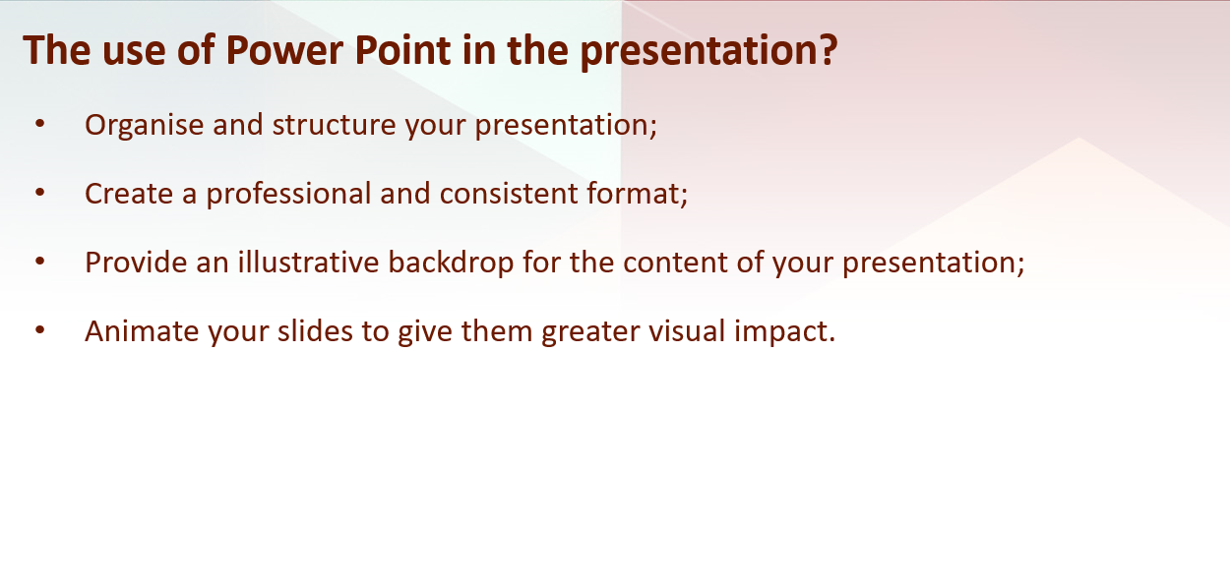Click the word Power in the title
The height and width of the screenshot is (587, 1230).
284,50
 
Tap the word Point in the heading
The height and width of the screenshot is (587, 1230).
403,50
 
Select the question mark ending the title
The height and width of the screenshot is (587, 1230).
828,50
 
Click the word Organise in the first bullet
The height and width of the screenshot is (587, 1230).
145,126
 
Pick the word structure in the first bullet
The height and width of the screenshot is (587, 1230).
334,125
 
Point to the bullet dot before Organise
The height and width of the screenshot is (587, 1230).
39,124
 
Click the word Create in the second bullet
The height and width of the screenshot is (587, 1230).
129,194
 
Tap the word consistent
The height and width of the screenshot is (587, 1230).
509,194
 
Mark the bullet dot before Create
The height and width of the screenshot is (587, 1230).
39,192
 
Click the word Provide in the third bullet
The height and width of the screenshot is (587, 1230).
136,263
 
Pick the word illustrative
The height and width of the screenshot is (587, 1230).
309,263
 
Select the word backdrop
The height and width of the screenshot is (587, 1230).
451,264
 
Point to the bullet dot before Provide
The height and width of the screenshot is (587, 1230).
39,262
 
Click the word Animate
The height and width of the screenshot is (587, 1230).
142,331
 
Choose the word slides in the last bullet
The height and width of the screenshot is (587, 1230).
315,330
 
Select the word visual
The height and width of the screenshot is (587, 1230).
688,330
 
